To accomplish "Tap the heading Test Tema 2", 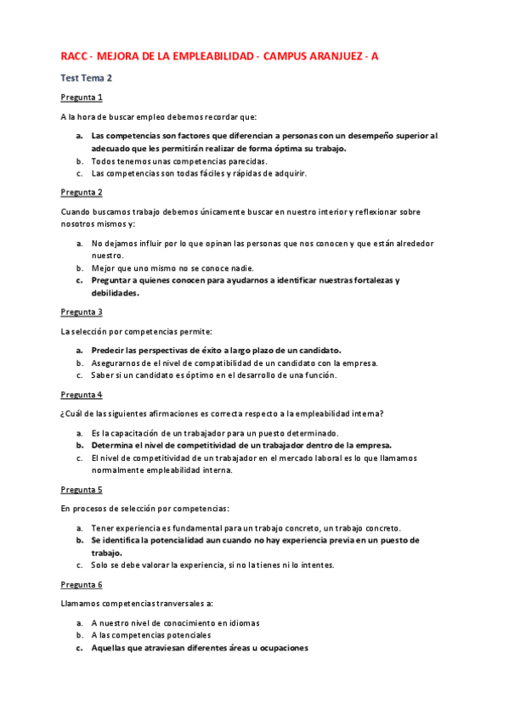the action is pos(87,78).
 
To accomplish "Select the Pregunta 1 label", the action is pos(82,98).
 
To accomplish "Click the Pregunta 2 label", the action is pos(82,193).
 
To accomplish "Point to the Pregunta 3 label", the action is pos(82,312).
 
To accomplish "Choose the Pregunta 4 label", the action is pos(82,395).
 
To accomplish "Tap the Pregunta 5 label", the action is pos(82,490).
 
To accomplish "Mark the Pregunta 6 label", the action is pos(82,585).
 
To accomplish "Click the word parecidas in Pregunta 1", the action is pos(219,161).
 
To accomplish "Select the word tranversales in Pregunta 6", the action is pos(175,604).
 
